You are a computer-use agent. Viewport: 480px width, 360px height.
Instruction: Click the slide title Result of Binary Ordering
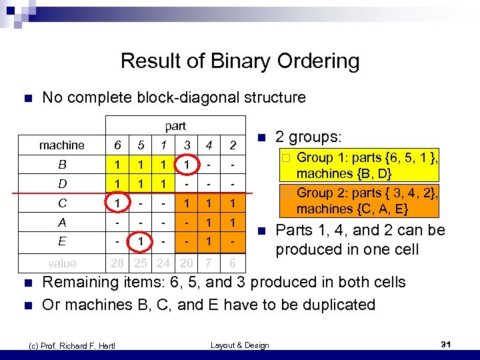240,61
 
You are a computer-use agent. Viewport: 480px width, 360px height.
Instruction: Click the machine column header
62,145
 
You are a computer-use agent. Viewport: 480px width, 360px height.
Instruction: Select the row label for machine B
62,164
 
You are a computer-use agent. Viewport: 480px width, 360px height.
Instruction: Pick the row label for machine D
62,183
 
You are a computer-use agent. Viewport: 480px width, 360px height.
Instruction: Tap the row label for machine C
62,203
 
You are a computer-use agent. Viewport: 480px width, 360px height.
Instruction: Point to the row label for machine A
62,222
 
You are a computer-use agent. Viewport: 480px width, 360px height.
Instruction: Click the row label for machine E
62,241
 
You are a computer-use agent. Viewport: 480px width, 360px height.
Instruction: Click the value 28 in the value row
117,263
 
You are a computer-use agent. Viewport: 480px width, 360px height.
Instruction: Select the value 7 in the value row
209,263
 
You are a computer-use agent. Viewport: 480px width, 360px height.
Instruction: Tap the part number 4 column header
209,145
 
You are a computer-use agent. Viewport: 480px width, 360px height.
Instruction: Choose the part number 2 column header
232,145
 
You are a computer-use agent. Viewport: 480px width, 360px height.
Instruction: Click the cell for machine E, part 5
141,241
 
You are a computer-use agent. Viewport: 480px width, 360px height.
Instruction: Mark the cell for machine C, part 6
117,203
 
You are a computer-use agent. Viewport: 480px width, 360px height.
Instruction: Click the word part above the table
175,125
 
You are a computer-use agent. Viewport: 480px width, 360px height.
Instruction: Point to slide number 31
447,344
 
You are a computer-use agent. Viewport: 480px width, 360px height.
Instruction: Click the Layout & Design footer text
239,345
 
